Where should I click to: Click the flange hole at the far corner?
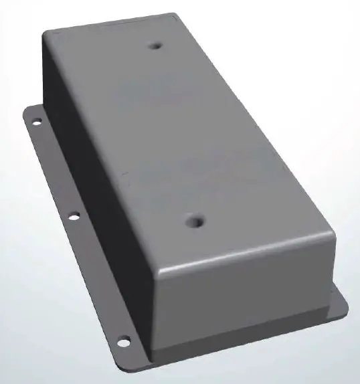36,121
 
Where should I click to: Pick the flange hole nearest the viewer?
123,342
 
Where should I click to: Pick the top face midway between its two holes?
175,134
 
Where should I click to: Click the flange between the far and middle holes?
54,167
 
